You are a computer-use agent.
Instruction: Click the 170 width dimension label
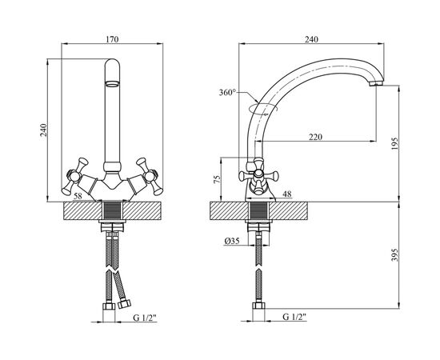click(x=112, y=39)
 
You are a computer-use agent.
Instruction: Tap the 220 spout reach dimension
click(x=316, y=137)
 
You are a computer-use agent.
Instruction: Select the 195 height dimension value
click(x=394, y=143)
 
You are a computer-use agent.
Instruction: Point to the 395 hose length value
click(x=394, y=254)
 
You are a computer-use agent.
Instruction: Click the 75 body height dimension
click(x=217, y=179)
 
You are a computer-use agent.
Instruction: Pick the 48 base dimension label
click(x=287, y=194)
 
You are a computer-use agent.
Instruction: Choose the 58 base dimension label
click(x=78, y=196)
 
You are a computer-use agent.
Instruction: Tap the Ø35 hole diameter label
click(x=232, y=241)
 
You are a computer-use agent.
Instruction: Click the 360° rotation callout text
click(x=227, y=92)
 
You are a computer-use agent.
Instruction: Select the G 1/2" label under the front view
click(x=145, y=318)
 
